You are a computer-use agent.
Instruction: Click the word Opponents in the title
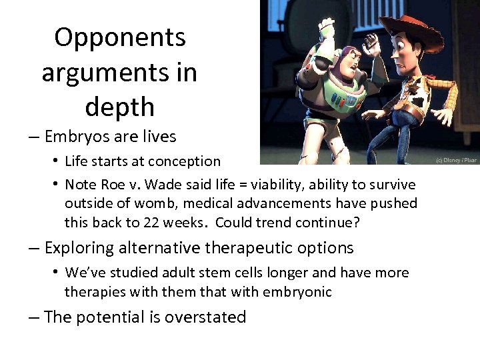(120, 37)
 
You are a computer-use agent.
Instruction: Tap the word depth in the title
(120, 107)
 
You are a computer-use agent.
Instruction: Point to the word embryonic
(301, 291)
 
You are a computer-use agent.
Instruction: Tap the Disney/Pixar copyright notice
(457, 161)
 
